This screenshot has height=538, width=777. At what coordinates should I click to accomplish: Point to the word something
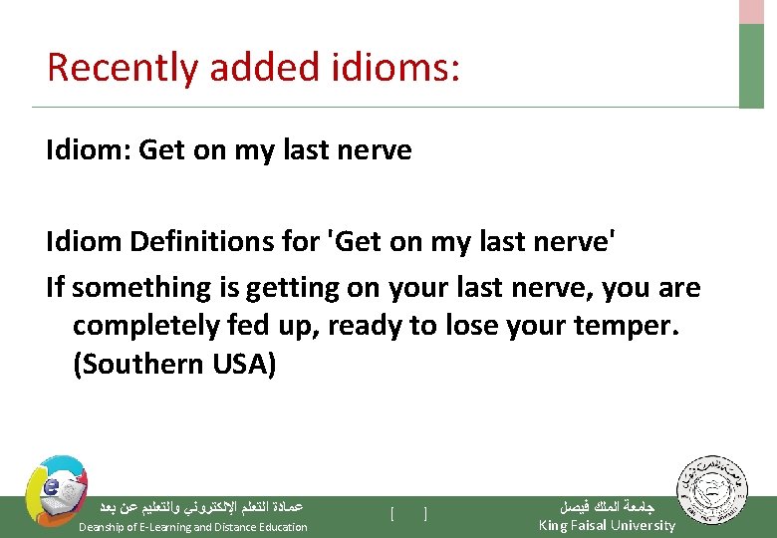click(136, 288)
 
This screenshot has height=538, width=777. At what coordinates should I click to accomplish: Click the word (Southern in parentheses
click(138, 364)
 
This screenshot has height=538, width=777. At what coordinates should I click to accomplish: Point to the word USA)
click(244, 364)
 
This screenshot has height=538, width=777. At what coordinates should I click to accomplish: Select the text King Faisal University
click(607, 526)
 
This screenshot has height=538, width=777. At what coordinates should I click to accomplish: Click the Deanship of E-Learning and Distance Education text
click(193, 527)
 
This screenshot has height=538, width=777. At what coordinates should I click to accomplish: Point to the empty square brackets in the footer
click(409, 514)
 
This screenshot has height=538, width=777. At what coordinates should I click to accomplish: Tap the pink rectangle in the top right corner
click(751, 11)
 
